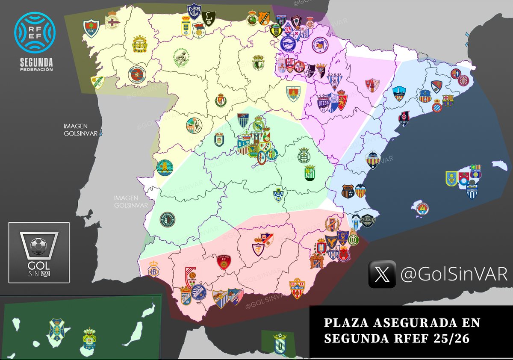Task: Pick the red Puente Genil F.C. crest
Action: tap(224, 262)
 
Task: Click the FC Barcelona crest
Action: tap(448, 100)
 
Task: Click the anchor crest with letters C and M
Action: tap(194, 10)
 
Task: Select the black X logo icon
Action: tap(382, 274)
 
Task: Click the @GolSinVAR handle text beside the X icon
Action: tap(454, 274)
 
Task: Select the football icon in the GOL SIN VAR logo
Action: tap(38, 245)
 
